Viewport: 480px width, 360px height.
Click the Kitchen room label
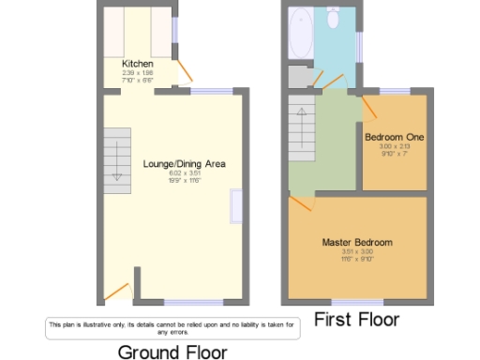coord(137,64)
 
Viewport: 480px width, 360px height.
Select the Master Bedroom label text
coord(357,243)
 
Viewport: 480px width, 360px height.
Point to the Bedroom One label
coord(394,137)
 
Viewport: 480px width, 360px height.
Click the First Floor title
coord(355,320)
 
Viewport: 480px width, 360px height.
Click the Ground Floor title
coord(172,352)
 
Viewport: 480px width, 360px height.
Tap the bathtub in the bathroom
coord(302,31)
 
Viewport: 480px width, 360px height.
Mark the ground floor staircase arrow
coord(117,175)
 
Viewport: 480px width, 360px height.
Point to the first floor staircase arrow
coord(300,117)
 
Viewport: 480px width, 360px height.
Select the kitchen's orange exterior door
coord(187,71)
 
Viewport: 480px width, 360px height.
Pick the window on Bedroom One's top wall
coord(394,91)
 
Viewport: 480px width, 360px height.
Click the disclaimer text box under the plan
coord(172,326)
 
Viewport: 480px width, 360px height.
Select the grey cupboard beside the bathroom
coord(299,76)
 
